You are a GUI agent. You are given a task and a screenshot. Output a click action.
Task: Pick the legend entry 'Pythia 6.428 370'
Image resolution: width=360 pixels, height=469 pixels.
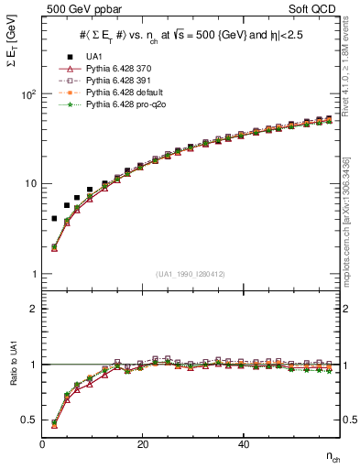(116, 68)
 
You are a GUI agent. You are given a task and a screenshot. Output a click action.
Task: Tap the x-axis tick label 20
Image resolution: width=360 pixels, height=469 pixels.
(142, 444)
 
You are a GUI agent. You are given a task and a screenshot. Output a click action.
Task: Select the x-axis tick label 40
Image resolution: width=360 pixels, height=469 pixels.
(243, 444)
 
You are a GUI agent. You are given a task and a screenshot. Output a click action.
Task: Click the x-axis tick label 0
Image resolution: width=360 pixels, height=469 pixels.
(42, 444)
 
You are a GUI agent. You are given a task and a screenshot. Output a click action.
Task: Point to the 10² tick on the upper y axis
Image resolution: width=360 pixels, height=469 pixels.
(27, 94)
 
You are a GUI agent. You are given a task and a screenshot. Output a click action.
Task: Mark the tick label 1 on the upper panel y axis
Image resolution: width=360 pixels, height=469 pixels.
(33, 274)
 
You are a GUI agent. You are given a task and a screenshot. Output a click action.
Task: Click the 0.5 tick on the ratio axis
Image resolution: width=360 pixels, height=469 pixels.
(29, 420)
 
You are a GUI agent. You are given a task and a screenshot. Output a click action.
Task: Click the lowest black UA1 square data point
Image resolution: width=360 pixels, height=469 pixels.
(54, 219)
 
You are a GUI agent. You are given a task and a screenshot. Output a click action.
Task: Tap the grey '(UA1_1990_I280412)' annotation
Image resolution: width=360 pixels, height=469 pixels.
(191, 274)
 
